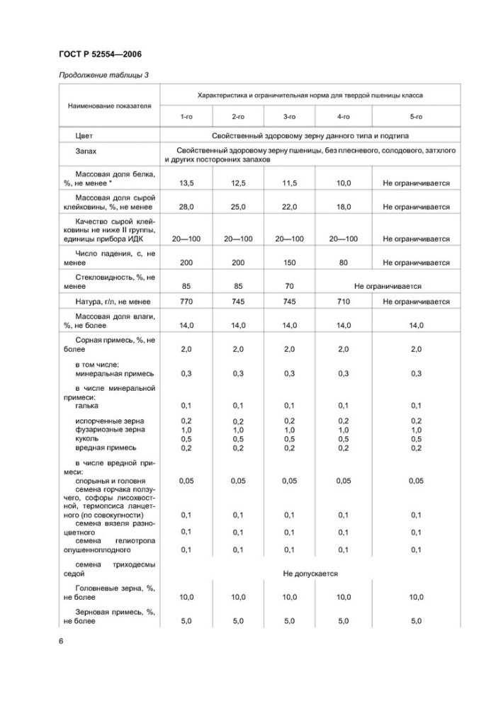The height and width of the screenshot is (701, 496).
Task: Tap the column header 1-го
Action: (x=186, y=115)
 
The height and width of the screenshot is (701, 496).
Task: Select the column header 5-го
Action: (x=416, y=115)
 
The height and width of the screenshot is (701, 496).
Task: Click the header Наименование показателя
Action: (x=110, y=106)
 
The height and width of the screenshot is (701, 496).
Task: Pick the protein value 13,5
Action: (x=186, y=183)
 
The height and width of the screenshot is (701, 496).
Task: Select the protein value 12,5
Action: (x=238, y=183)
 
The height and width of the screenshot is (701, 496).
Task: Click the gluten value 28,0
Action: (x=186, y=207)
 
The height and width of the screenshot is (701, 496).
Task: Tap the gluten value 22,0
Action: (x=290, y=207)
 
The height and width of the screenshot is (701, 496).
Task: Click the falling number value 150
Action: (x=290, y=263)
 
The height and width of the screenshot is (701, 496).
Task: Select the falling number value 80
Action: (x=344, y=263)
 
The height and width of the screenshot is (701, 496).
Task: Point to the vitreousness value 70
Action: (x=290, y=287)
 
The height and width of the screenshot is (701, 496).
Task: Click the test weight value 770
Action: (x=186, y=302)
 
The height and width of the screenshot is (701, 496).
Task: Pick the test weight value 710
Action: (x=344, y=302)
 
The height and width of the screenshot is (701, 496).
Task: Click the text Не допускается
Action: (x=310, y=574)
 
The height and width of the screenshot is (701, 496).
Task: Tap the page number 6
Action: (x=62, y=642)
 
